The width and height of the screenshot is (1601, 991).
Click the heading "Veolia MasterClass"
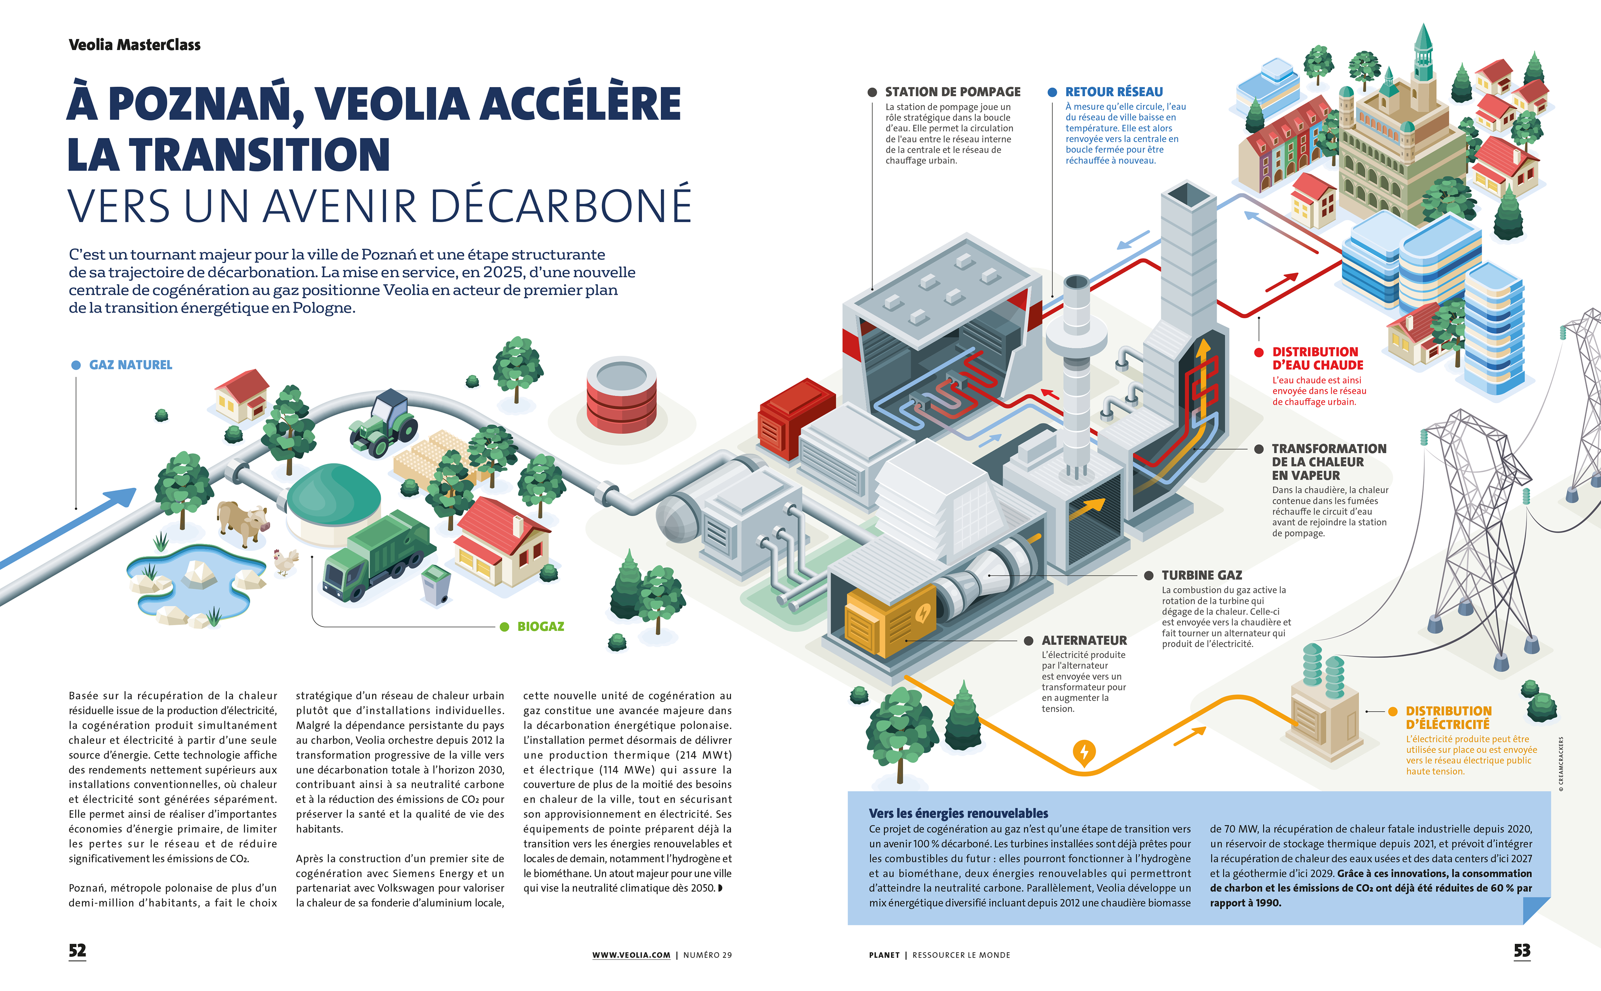pyautogui.click(x=134, y=45)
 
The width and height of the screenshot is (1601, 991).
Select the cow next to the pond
pyautogui.click(x=243, y=522)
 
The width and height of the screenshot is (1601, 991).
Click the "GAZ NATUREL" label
pyautogui.click(x=130, y=365)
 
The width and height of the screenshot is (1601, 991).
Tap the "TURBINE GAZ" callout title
pyautogui.click(x=1201, y=575)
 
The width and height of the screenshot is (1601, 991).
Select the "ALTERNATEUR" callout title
pyautogui.click(x=1084, y=640)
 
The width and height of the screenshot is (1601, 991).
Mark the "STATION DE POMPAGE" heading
pyautogui.click(x=952, y=92)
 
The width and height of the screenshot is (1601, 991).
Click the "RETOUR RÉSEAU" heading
pyautogui.click(x=1114, y=92)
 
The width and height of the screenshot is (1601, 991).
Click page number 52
pyautogui.click(x=77, y=951)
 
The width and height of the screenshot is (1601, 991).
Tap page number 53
pyautogui.click(x=1522, y=951)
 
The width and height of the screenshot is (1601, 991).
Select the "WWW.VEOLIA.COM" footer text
pyautogui.click(x=631, y=955)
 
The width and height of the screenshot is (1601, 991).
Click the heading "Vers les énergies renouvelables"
pyautogui.click(x=958, y=813)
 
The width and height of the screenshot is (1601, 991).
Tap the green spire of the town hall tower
pyautogui.click(x=1423, y=39)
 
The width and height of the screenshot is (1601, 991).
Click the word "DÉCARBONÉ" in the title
pyautogui.click(x=561, y=206)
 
